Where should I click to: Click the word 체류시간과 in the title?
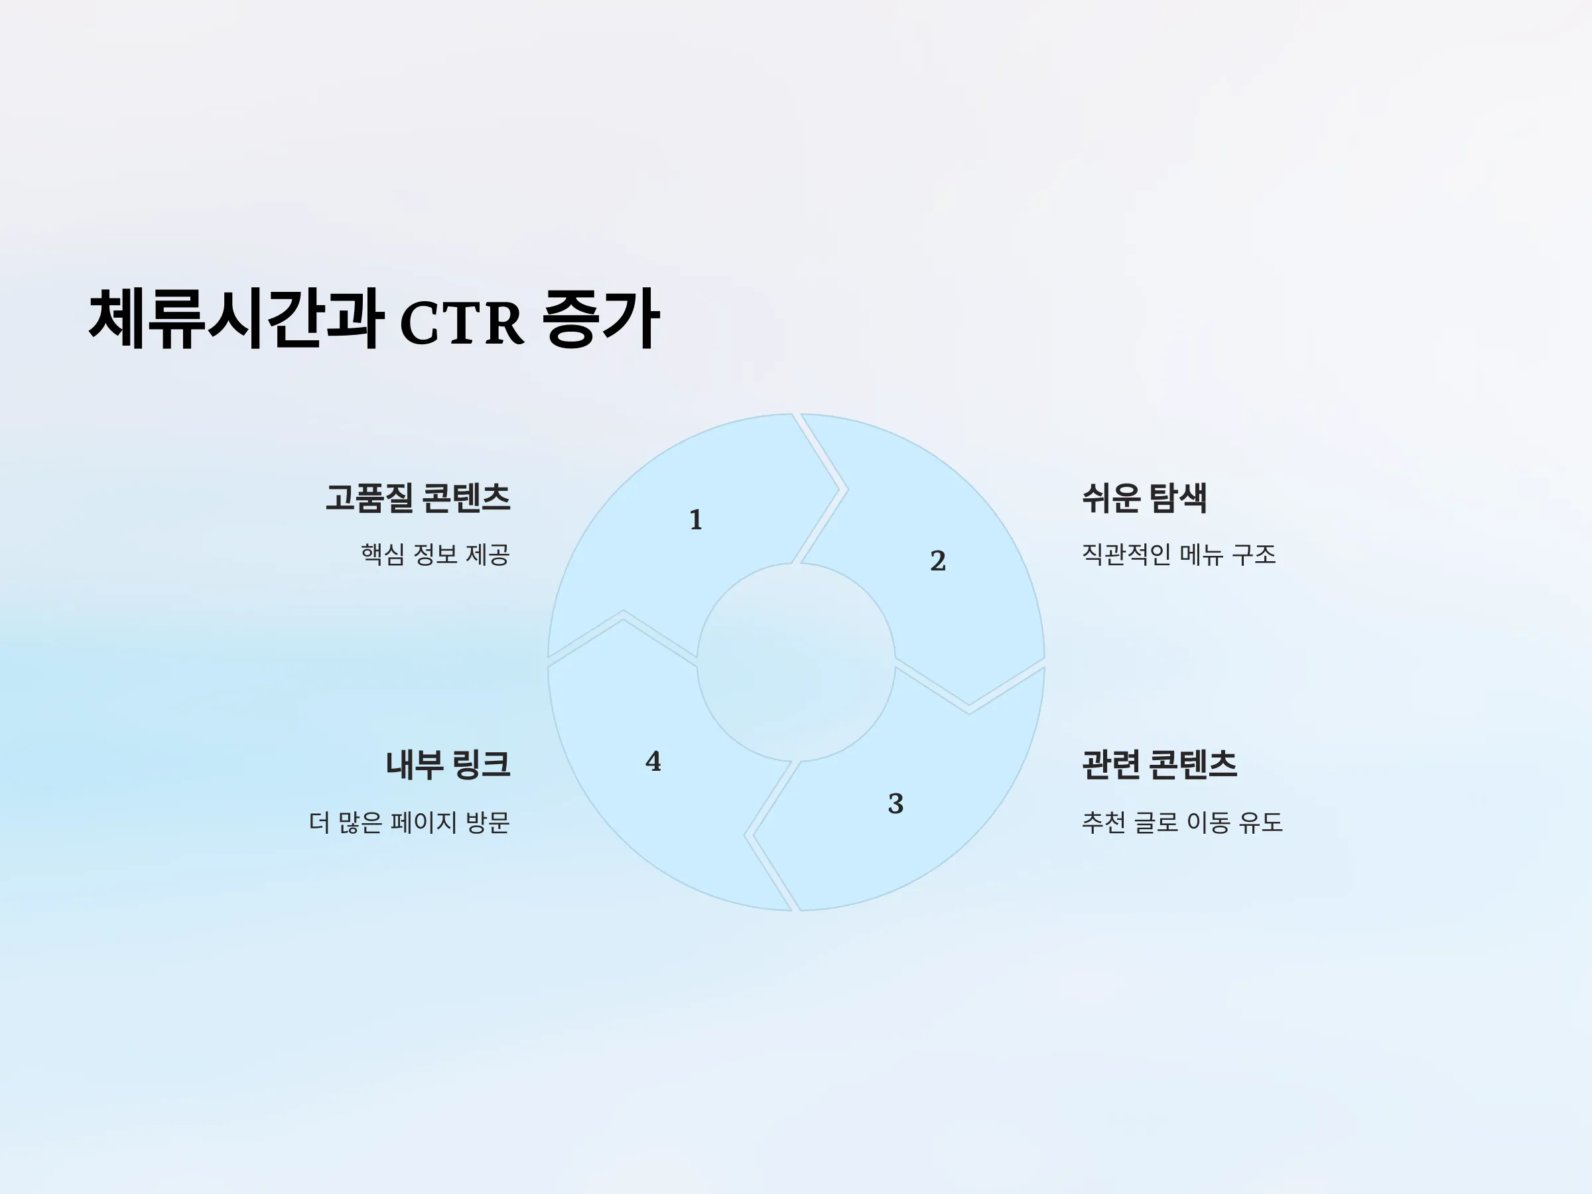click(235, 319)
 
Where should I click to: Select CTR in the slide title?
click(461, 322)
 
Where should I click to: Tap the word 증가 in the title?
click(601, 319)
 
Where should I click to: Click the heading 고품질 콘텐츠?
click(418, 498)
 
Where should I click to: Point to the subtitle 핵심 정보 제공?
click(435, 554)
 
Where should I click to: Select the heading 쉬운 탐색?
click(1144, 498)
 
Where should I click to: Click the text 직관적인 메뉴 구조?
click(1179, 554)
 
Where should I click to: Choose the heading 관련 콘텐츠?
click(1160, 764)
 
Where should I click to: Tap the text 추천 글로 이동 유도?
click(1183, 822)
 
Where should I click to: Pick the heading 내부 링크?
click(448, 764)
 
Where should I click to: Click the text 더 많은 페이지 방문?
click(409, 822)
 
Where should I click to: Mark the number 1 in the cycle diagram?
click(695, 519)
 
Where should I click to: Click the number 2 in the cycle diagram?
click(938, 561)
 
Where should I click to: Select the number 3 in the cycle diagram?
click(895, 803)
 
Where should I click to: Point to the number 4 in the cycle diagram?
click(653, 762)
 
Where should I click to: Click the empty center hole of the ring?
click(796, 662)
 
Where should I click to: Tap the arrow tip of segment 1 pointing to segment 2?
click(838, 490)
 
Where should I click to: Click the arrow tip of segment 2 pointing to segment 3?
click(968, 704)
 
